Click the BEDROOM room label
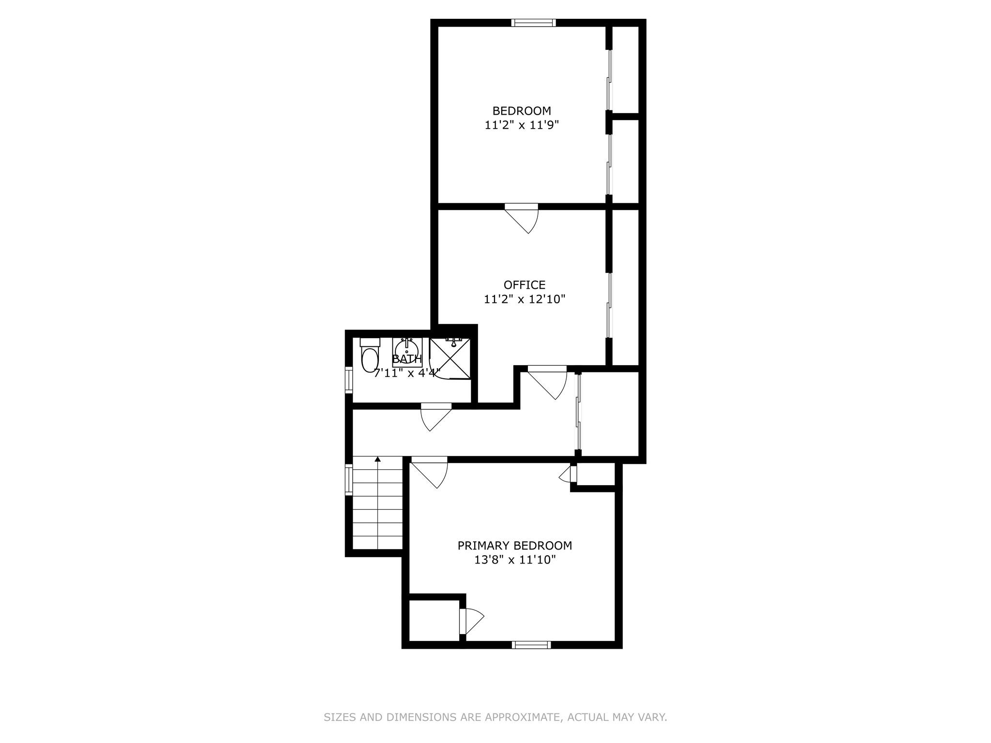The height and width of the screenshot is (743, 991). point(522,111)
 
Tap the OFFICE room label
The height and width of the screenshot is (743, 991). point(525,285)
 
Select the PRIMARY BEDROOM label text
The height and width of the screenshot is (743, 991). point(515,546)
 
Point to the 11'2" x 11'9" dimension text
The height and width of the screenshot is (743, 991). point(522,125)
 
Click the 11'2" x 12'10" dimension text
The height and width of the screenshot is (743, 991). point(525,299)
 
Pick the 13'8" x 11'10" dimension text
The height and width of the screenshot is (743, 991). point(515,560)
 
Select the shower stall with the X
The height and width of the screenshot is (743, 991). point(450,358)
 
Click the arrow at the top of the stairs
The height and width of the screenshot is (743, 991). point(377,459)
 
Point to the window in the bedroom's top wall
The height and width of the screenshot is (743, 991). point(533,22)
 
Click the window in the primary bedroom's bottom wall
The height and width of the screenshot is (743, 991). point(531,644)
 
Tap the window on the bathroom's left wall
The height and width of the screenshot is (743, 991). point(348,380)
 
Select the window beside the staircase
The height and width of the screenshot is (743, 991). point(348,480)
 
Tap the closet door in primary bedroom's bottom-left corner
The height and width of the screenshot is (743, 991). point(470,621)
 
